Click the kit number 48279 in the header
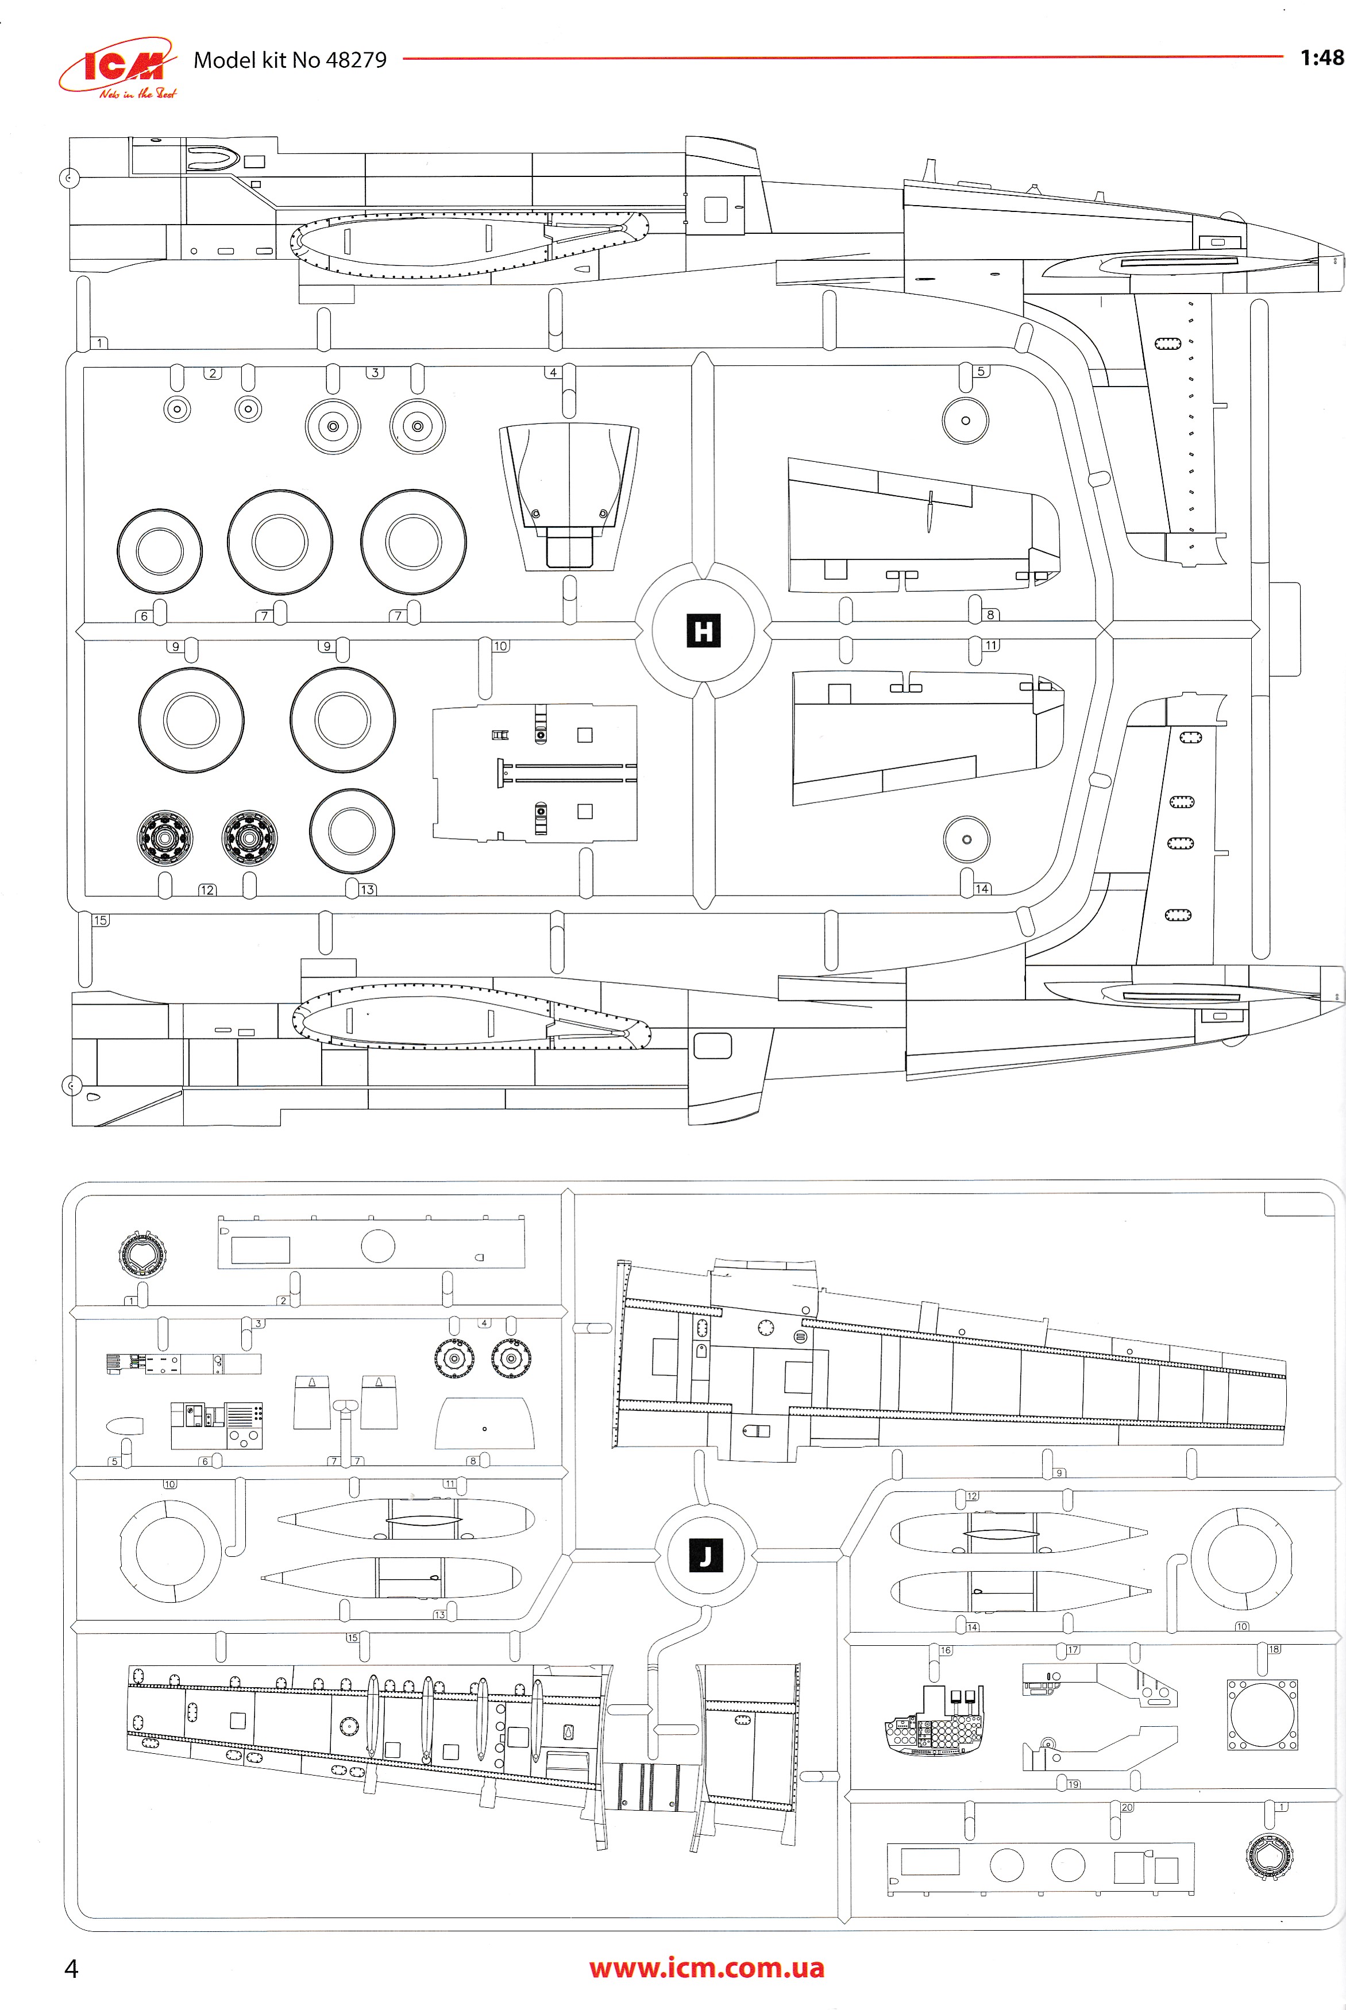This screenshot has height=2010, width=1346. pyautogui.click(x=356, y=60)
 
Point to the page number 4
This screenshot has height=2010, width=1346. pyautogui.click(x=71, y=1968)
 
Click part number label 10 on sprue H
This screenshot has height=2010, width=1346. pyautogui.click(x=500, y=646)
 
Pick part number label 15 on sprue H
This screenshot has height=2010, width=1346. pyautogui.click(x=101, y=920)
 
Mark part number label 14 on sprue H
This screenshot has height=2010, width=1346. pyautogui.click(x=982, y=888)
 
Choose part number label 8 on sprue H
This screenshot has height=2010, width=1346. pyautogui.click(x=990, y=615)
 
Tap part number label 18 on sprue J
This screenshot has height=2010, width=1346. pyautogui.click(x=1274, y=1649)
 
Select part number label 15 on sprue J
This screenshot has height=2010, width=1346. pyautogui.click(x=352, y=1638)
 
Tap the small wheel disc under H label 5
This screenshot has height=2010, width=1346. pyautogui.click(x=966, y=420)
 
